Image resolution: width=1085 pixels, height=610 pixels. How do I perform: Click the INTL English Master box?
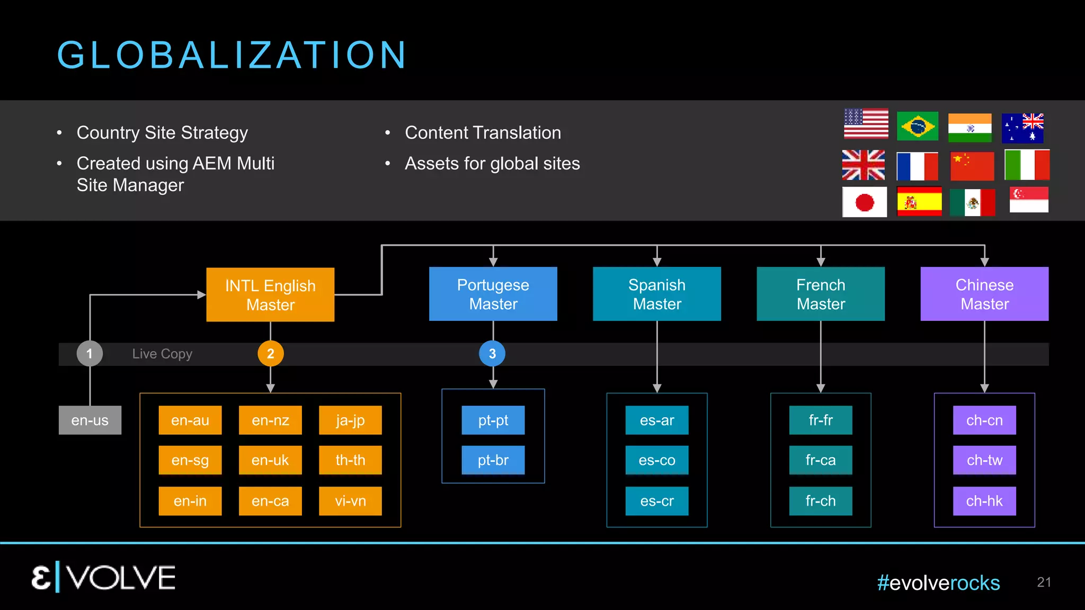click(270, 294)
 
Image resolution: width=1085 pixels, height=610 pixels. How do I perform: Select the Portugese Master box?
click(493, 294)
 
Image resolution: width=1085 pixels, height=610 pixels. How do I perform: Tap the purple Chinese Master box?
click(984, 294)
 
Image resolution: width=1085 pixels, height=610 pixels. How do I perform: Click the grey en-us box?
click(90, 420)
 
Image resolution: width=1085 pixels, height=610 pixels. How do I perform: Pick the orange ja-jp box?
click(350, 420)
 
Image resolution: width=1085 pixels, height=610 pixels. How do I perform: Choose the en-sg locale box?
click(190, 460)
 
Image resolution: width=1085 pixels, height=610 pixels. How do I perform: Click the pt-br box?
click(493, 460)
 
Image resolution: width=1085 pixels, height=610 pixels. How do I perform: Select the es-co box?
click(657, 460)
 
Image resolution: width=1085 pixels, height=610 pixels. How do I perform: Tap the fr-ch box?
click(821, 501)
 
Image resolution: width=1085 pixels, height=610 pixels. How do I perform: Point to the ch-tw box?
click(984, 460)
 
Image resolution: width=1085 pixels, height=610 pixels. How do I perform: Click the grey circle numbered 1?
click(90, 354)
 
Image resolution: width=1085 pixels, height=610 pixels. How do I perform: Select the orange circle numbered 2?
click(271, 354)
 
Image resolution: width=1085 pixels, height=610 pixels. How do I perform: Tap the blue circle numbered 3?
click(492, 354)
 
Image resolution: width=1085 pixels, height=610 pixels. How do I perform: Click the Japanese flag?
click(865, 202)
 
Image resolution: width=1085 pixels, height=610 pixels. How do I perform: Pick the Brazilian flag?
click(918, 126)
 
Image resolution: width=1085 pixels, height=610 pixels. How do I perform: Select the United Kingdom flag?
click(864, 165)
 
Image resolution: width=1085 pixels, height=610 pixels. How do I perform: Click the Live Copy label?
click(162, 354)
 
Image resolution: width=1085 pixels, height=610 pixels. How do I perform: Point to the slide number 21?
click(1044, 582)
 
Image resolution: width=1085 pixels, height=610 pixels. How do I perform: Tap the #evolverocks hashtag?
click(938, 583)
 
